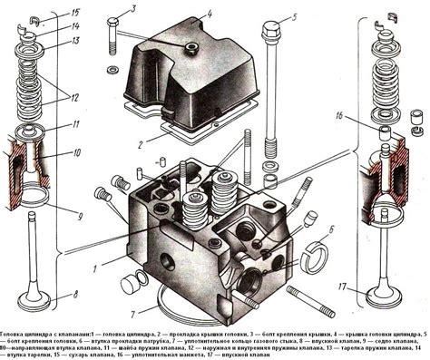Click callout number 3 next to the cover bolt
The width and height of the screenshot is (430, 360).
133,10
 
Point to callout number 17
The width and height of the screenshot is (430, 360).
344,287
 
